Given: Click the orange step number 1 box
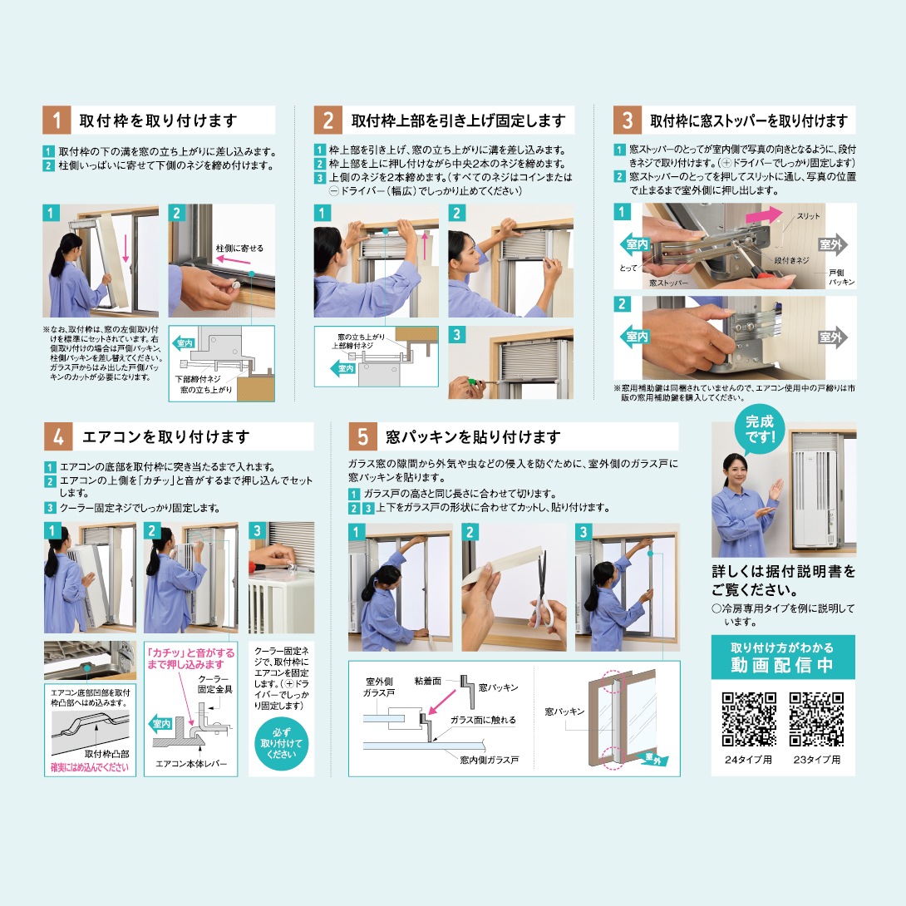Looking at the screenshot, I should pyautogui.click(x=57, y=121).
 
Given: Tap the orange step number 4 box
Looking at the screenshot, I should pyautogui.click(x=57, y=436).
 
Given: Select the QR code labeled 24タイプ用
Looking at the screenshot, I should pyautogui.click(x=748, y=719).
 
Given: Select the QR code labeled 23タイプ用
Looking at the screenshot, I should pyautogui.click(x=816, y=719).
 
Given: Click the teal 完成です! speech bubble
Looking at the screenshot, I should pyautogui.click(x=760, y=428).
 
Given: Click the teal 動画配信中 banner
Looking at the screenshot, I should pyautogui.click(x=782, y=657).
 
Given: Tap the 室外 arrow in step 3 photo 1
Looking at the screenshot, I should pyautogui.click(x=832, y=244).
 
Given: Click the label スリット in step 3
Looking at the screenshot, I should pyautogui.click(x=808, y=216).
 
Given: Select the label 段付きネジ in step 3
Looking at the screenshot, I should pyautogui.click(x=791, y=260).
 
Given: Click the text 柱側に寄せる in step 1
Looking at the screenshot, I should pyautogui.click(x=239, y=249).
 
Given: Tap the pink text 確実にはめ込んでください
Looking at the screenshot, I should pyautogui.click(x=90, y=768).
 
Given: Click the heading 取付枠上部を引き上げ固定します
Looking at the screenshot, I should pyautogui.click(x=458, y=121).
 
